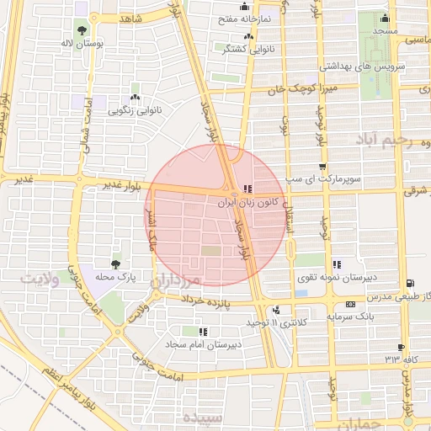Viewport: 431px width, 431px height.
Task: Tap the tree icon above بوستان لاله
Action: pyautogui.click(x=81, y=29)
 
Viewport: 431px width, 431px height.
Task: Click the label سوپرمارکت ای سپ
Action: pyautogui.click(x=322, y=179)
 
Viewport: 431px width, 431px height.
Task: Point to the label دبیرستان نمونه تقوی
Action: pyautogui.click(x=337, y=277)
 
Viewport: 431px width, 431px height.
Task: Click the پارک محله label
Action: pyautogui.click(x=115, y=275)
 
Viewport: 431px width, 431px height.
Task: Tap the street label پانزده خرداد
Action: pyautogui.click(x=228, y=301)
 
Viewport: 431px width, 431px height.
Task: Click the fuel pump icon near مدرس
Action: pyautogui.click(x=409, y=284)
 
